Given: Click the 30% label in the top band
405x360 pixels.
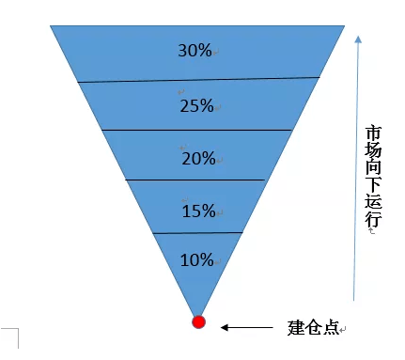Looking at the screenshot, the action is click(195, 51).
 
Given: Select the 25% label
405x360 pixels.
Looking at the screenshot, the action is click(197, 105).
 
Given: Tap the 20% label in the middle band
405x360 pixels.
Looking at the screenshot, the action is click(198, 158).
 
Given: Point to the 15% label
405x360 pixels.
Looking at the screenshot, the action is click(198, 211).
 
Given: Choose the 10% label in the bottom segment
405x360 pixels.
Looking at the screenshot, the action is click(196, 259).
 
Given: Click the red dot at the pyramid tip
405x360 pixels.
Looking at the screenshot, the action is click(198, 322).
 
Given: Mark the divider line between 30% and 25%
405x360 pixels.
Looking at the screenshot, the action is click(198, 79).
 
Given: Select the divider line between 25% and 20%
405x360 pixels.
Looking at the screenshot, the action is click(197, 130).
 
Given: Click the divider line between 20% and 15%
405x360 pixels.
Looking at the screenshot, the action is click(197, 180).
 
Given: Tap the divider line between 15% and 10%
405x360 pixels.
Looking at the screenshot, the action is click(197, 232).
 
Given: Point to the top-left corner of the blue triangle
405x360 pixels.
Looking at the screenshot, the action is click(52, 26).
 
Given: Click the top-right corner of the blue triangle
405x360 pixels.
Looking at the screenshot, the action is click(345, 26).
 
